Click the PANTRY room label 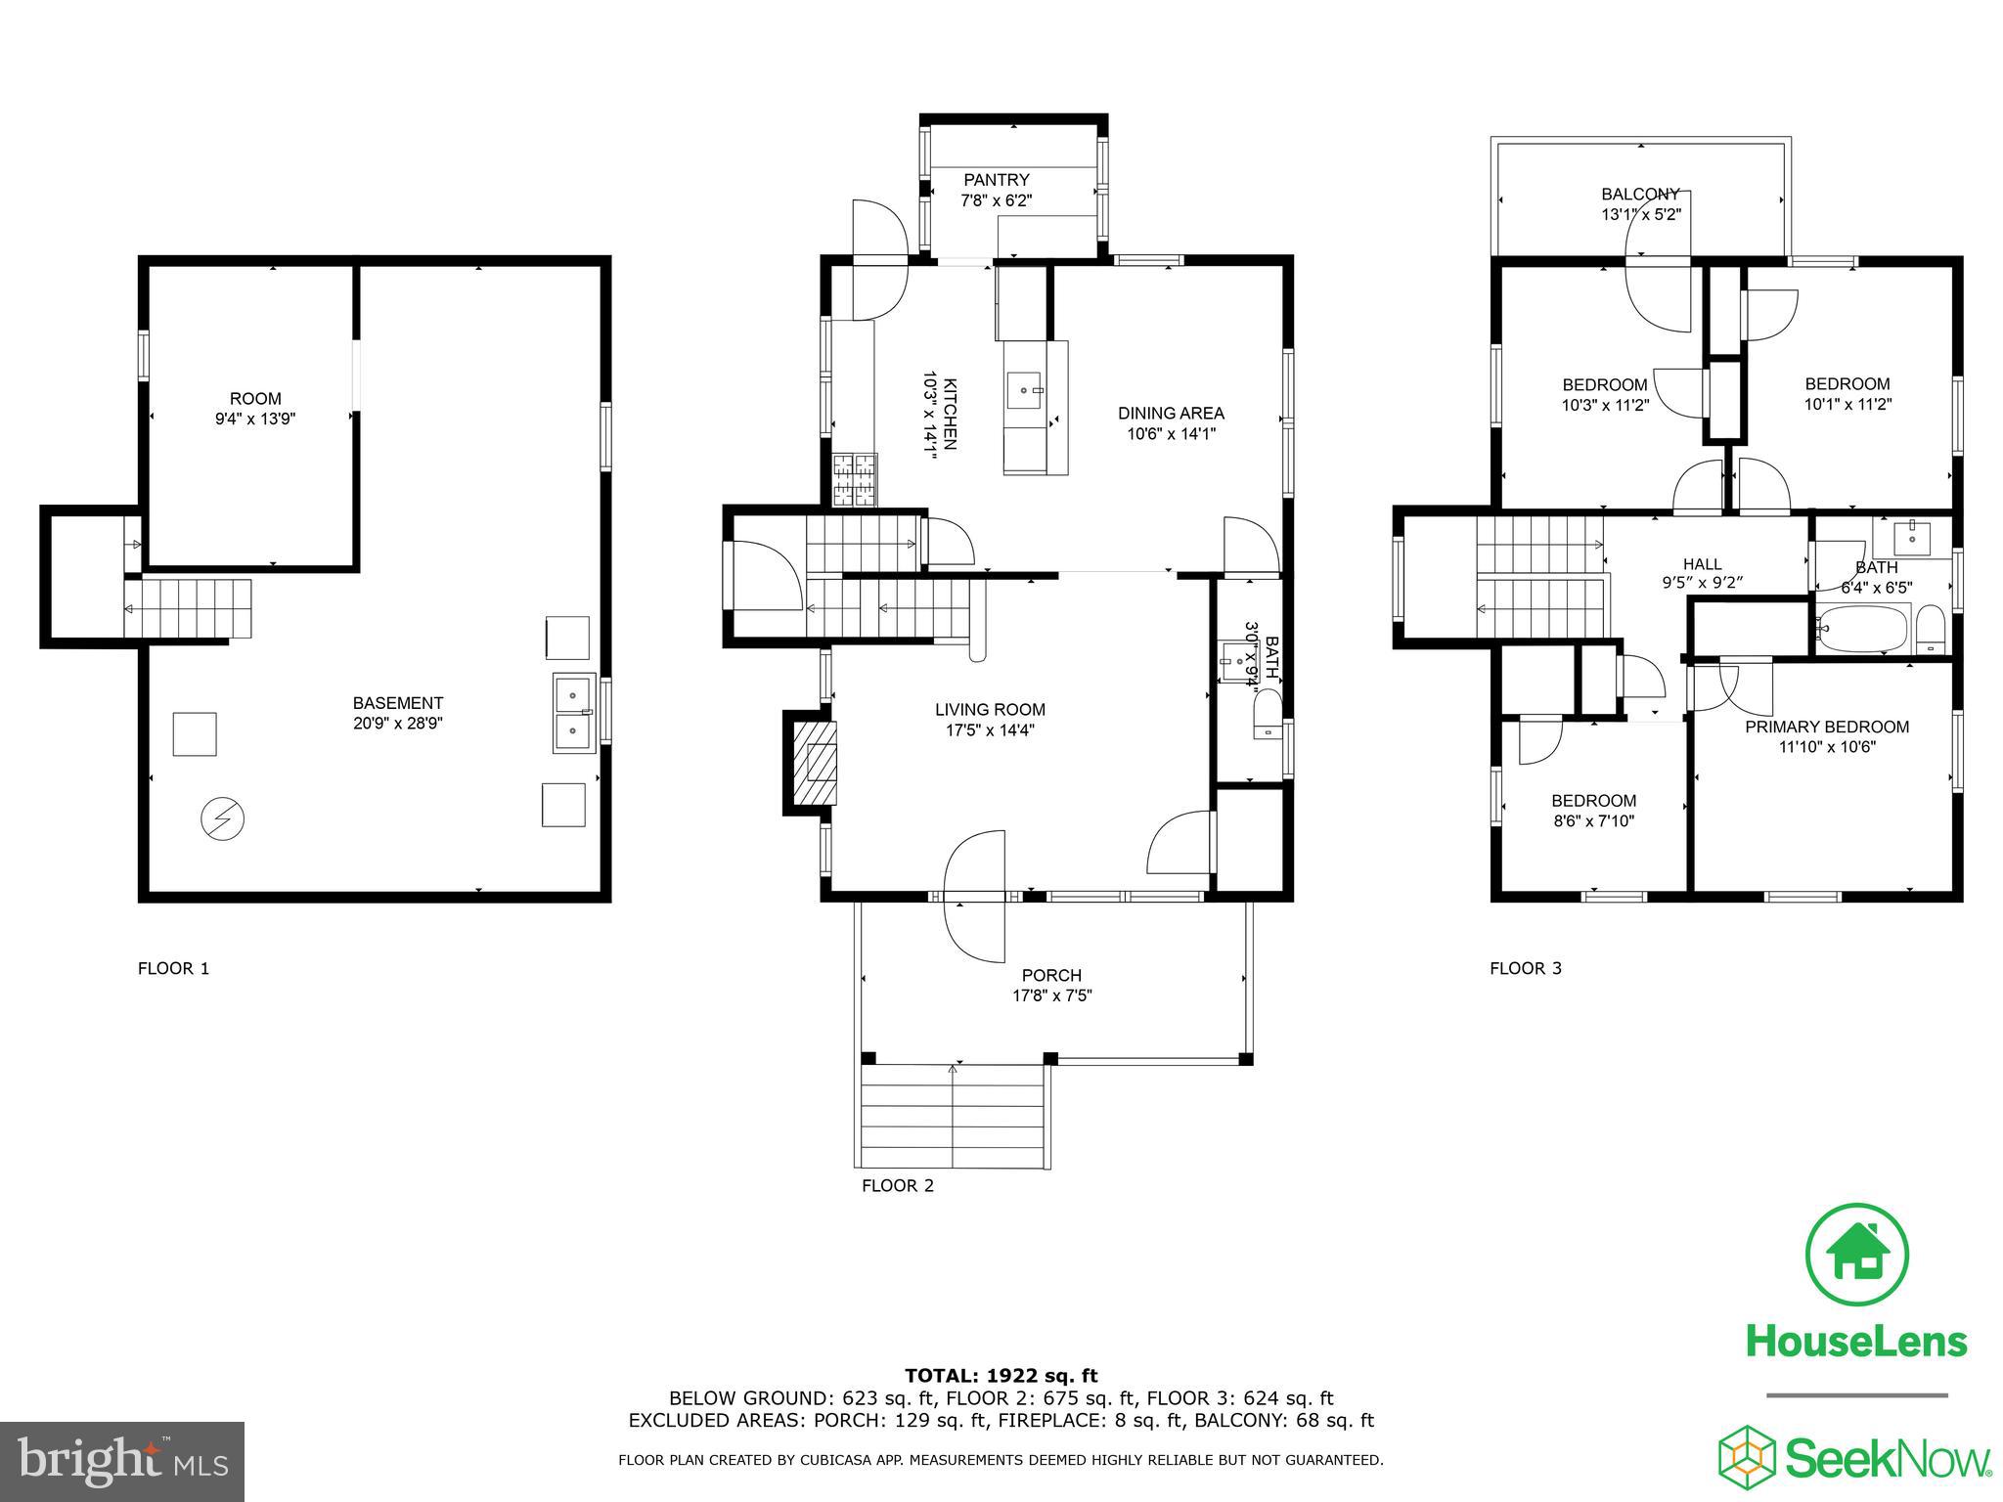click(x=996, y=180)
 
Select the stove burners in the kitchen click(x=854, y=480)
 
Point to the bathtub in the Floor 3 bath click(x=1862, y=629)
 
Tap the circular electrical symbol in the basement click(x=222, y=818)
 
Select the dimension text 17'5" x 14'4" click(x=990, y=730)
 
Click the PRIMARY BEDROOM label click(x=1826, y=727)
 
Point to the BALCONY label click(x=1640, y=194)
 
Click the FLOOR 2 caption click(x=897, y=1186)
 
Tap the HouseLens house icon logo click(x=1856, y=1255)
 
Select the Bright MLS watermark click(x=122, y=1462)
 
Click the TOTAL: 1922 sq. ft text click(x=1001, y=1376)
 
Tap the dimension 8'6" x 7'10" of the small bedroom click(x=1593, y=821)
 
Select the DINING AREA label click(x=1171, y=414)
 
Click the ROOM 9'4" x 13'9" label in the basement click(x=255, y=409)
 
